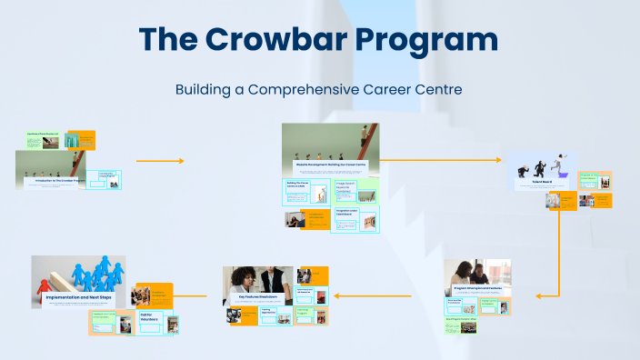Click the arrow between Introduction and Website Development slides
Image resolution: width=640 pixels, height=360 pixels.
pos(160,161)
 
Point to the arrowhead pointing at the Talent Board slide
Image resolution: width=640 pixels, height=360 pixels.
pos(497,160)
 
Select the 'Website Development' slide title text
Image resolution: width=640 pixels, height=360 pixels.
pos(329,165)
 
